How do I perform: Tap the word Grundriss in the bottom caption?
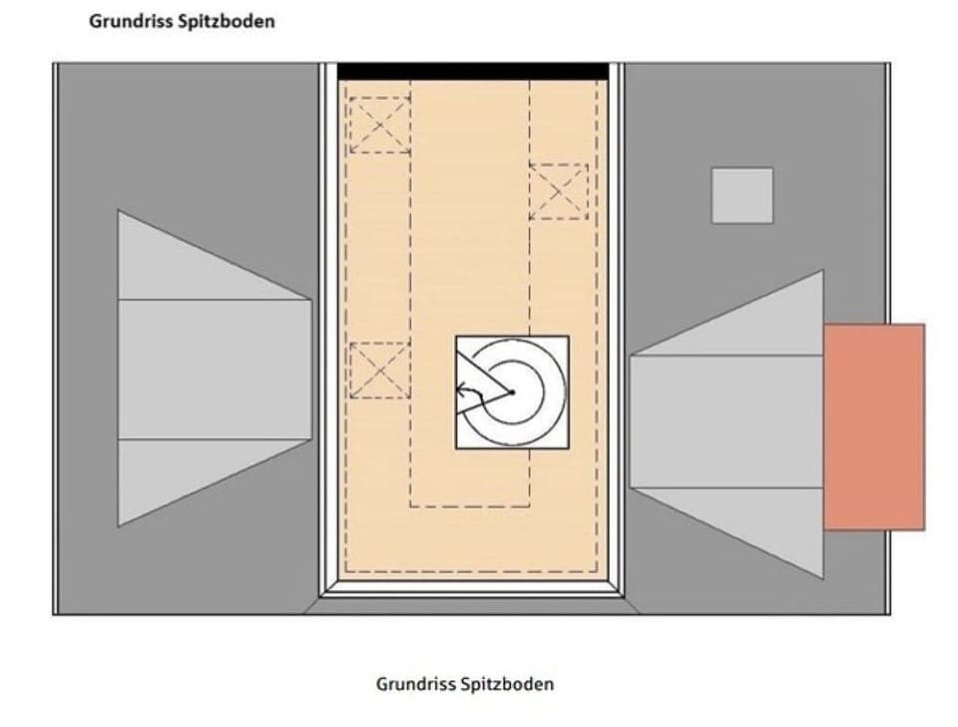(x=416, y=684)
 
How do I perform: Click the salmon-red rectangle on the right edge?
(x=874, y=426)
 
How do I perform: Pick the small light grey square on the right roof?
(x=741, y=195)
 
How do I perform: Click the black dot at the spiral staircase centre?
(x=512, y=391)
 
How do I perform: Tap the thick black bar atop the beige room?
(x=472, y=72)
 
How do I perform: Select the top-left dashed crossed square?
(x=379, y=125)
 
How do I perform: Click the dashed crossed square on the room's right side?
(x=559, y=191)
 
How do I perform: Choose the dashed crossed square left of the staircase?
(x=379, y=369)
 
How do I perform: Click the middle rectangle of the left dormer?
(x=214, y=368)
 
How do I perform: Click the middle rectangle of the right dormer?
(x=725, y=421)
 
